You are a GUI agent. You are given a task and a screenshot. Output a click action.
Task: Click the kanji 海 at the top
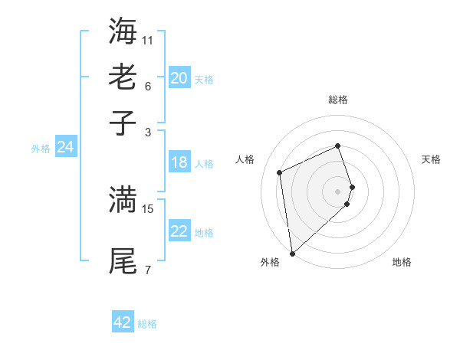coord(123,30)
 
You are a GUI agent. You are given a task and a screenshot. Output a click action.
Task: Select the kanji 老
coord(123,77)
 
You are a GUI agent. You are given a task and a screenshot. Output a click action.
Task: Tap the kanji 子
coord(123,123)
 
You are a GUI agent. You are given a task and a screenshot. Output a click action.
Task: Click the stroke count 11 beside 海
coord(148,39)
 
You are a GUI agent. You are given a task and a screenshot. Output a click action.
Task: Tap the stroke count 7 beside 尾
coord(147,270)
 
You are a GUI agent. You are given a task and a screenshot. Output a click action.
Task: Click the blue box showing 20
coord(179,78)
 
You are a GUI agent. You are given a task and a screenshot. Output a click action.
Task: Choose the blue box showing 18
coord(179,162)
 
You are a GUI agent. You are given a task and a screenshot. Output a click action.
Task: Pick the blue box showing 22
coord(179,231)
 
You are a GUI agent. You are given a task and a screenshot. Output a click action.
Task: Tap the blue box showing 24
coord(66,147)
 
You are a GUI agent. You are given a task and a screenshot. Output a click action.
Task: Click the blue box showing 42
coord(123,322)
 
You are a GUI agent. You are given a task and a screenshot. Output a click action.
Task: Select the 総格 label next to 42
coord(147,324)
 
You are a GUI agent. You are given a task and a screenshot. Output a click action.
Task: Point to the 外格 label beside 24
coord(41,149)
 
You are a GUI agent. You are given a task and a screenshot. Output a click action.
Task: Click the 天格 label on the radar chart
coord(431,159)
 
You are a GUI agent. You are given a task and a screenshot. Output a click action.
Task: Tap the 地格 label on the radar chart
coord(402,262)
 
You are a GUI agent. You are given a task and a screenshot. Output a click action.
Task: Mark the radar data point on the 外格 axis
coord(292,254)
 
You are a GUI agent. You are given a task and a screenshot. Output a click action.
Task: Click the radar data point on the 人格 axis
coord(280,172)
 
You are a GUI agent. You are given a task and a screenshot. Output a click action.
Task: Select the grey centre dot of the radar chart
coord(338,191)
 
